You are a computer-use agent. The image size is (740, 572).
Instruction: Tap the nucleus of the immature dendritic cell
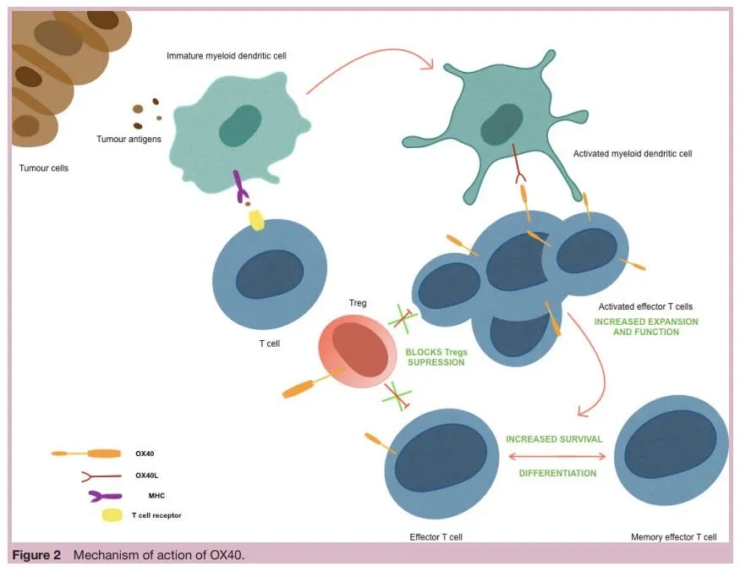[240, 126]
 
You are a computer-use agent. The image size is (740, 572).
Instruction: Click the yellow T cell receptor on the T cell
[255, 219]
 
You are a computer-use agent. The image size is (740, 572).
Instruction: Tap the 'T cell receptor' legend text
[156, 514]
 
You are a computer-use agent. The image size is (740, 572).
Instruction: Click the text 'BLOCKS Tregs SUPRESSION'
[436, 356]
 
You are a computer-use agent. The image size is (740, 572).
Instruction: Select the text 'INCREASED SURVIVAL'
[554, 439]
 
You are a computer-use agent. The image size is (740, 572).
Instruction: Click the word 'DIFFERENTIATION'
[557, 473]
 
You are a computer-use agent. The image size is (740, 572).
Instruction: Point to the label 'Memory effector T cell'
[673, 537]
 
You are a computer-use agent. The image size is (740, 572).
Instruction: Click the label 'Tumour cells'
[44, 168]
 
